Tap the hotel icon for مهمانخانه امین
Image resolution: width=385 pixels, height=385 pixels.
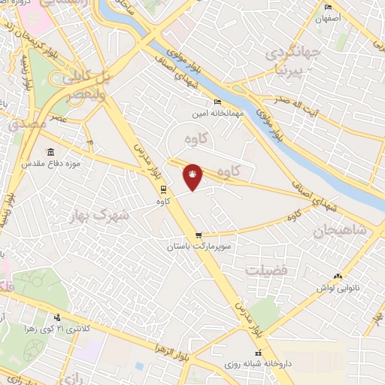point(217,102)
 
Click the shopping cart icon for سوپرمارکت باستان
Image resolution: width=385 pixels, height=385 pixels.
point(199,235)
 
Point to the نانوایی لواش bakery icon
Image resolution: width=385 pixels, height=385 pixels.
point(338,277)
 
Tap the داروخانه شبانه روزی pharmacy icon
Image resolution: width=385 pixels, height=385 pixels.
point(259,353)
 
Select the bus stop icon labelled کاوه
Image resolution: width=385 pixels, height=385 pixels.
point(163,189)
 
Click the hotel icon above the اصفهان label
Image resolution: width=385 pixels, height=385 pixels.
point(327,8)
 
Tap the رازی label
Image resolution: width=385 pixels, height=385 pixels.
point(72,374)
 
